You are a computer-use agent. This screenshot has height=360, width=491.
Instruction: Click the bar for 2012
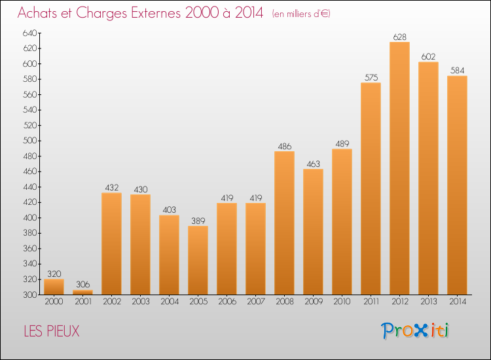[x=399, y=168]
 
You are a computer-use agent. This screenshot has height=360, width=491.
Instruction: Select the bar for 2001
[x=82, y=292]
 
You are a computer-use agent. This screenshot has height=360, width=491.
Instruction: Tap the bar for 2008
[x=284, y=223]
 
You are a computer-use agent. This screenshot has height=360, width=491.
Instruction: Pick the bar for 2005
[x=198, y=260]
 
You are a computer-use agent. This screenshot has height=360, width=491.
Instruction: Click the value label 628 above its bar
[x=399, y=37]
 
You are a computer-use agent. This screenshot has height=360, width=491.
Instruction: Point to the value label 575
[x=371, y=77]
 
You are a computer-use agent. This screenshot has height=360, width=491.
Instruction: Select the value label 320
[x=54, y=274]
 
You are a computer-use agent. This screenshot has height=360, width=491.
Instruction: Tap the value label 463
[x=313, y=164]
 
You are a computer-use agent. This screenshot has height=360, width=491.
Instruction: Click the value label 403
[x=169, y=210]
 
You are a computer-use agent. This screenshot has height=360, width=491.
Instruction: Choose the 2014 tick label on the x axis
[x=457, y=301]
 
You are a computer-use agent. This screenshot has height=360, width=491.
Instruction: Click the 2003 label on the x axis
[x=140, y=301]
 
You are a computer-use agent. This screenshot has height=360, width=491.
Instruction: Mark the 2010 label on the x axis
[x=342, y=301]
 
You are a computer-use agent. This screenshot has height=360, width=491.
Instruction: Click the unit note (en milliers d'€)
[x=301, y=14]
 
